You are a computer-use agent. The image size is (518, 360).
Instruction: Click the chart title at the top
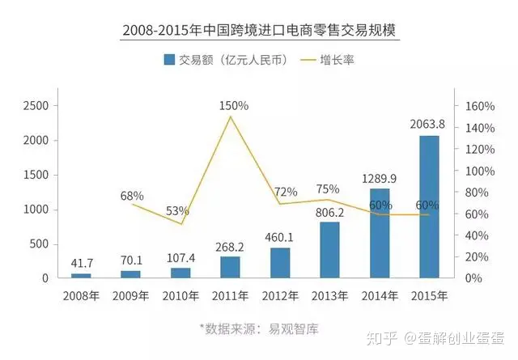(260, 31)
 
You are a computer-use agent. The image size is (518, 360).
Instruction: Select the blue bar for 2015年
(429, 206)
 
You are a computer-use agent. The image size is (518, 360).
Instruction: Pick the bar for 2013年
(329, 249)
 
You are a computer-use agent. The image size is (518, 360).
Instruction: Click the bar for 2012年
(280, 262)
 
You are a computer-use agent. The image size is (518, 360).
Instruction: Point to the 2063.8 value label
(429, 124)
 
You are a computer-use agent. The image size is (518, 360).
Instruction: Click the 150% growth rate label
(233, 106)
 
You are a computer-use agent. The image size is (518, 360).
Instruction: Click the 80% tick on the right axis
(472, 193)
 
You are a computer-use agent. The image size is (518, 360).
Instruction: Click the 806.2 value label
(330, 212)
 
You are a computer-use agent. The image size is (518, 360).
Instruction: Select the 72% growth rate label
(286, 192)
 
